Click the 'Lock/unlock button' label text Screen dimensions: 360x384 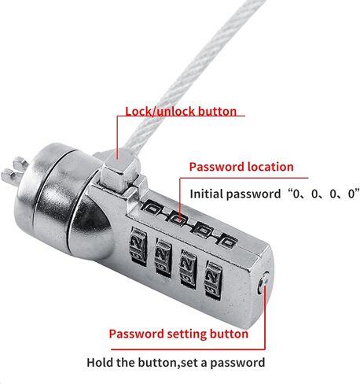point(181,112)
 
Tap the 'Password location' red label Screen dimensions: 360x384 point(241,167)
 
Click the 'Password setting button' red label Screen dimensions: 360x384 point(178,334)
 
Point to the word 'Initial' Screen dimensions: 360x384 point(207,194)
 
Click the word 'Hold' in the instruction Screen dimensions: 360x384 point(100,363)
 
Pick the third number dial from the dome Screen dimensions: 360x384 point(188,267)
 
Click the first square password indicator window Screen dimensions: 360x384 point(152,209)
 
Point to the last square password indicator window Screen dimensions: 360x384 point(227,242)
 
